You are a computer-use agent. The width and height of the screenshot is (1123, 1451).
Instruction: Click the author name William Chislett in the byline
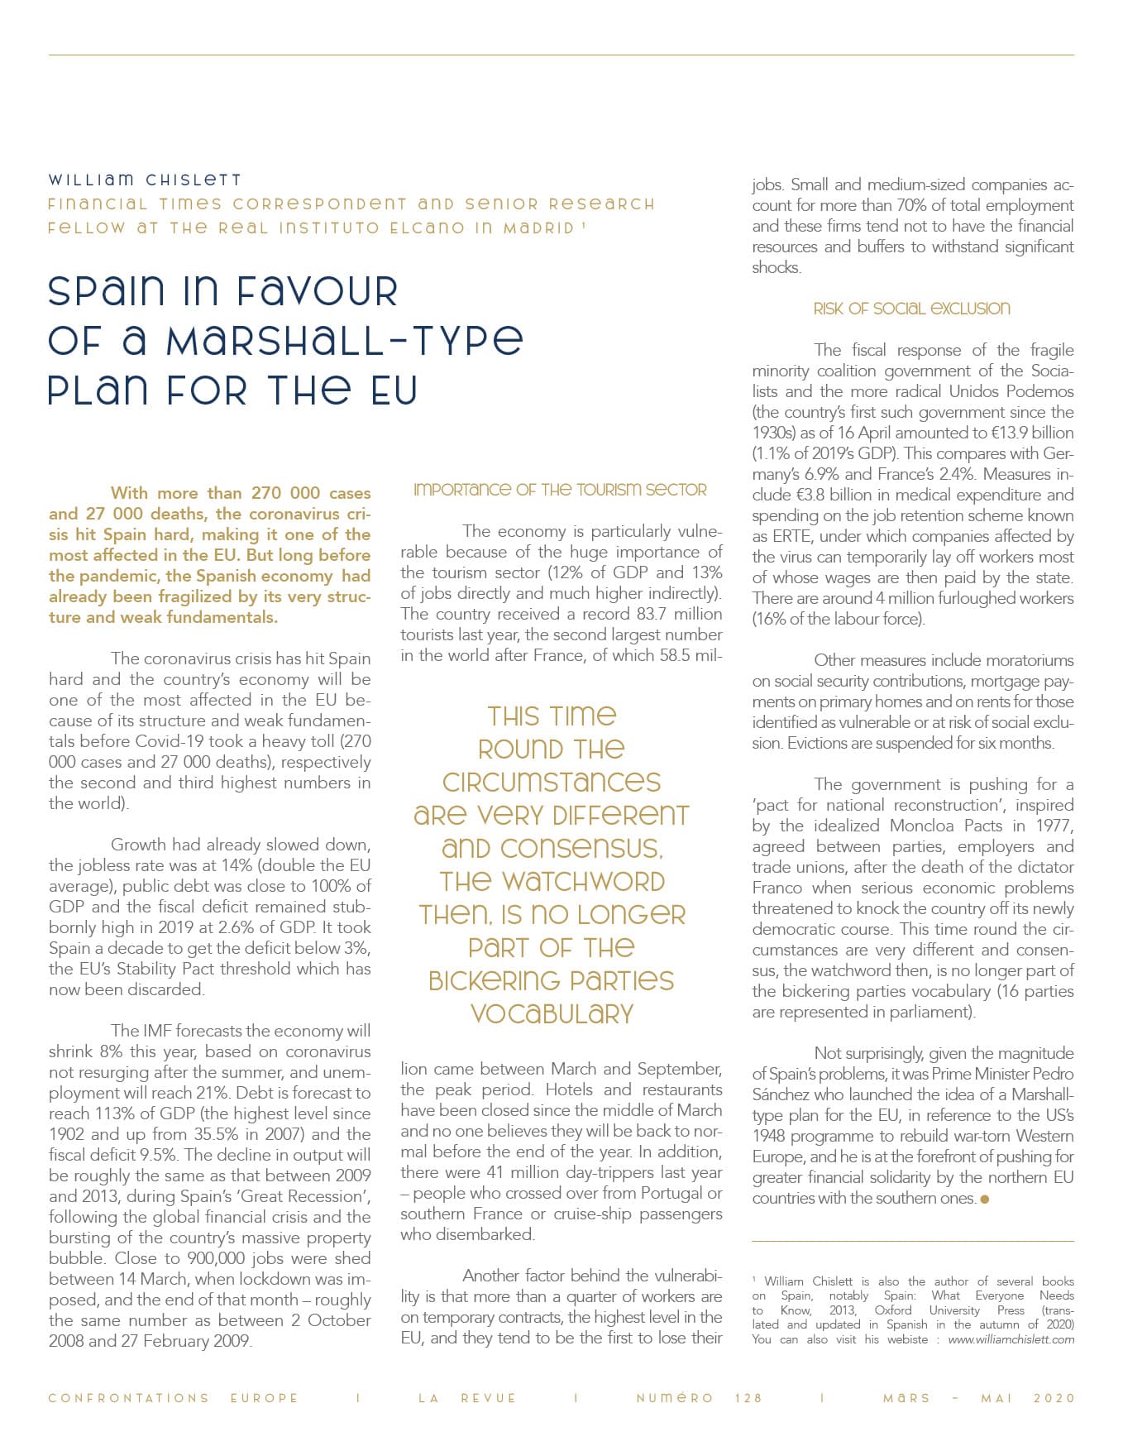point(145,180)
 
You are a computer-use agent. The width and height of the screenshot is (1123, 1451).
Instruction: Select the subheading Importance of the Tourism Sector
point(560,490)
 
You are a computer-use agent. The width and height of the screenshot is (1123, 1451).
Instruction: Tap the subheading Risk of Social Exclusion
point(911,309)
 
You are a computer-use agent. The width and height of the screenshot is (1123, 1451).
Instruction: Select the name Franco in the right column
point(777,888)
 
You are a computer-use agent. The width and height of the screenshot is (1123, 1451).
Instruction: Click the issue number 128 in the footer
point(748,1398)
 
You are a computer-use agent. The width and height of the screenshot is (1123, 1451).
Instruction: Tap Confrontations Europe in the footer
point(173,1398)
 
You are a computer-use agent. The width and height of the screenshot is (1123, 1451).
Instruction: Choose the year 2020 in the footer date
point(1054,1398)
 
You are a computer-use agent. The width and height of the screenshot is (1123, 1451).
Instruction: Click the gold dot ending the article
point(984,1199)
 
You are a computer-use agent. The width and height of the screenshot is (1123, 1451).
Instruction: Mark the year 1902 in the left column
point(67,1134)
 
